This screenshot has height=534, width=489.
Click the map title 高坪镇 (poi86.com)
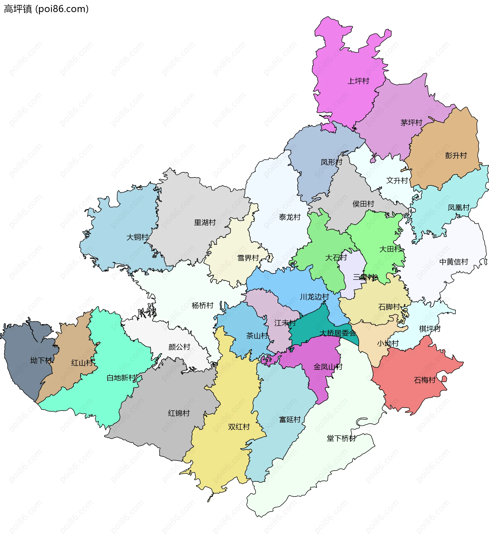click(x=46, y=9)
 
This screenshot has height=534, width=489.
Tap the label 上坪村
click(x=358, y=81)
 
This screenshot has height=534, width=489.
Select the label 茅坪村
click(x=411, y=123)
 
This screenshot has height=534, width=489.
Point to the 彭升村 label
click(x=456, y=156)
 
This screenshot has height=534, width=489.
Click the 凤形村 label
click(x=331, y=162)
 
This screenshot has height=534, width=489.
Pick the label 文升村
click(x=397, y=181)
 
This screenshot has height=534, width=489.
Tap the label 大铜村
click(x=137, y=237)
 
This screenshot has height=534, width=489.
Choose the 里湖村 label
click(x=205, y=223)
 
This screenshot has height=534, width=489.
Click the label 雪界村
click(x=248, y=258)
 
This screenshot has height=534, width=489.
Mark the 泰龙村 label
click(x=290, y=217)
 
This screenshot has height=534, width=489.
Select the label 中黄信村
click(x=454, y=262)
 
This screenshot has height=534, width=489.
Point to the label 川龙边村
click(x=314, y=297)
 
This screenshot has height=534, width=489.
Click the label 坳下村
click(x=41, y=361)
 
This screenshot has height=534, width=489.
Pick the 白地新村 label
click(x=121, y=378)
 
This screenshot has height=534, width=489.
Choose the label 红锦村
click(x=179, y=413)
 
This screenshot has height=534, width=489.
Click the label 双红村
click(x=239, y=427)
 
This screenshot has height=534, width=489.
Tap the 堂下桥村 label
click(x=341, y=438)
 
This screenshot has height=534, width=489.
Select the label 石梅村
click(x=424, y=380)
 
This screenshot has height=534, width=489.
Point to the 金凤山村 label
click(x=328, y=367)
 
